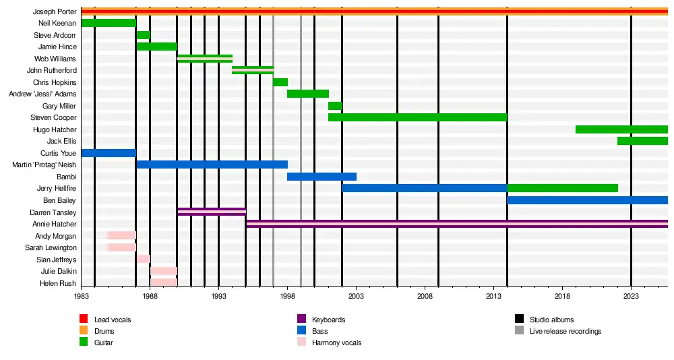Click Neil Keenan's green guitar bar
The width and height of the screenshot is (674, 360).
108,23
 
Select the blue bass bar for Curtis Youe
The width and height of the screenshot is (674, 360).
108,153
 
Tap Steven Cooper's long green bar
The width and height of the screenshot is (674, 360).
417,117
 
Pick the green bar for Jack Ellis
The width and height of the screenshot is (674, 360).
642,141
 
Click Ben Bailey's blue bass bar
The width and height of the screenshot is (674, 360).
587,200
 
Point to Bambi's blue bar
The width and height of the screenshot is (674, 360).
321,177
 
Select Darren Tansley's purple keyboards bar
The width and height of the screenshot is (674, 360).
212,212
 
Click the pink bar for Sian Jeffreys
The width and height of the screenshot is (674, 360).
143,259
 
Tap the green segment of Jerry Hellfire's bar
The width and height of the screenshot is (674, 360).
562,188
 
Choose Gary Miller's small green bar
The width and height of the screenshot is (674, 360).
335,106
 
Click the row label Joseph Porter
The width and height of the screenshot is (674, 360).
55,11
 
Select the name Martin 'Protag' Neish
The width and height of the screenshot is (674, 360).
44,165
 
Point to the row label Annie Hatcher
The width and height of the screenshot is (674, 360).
55,224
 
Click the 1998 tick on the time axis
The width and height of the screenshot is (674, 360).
287,295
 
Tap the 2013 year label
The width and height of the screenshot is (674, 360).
493,295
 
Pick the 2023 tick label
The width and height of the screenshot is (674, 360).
631,295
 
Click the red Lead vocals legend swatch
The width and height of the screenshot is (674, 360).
84,320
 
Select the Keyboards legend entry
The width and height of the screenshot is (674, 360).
329,320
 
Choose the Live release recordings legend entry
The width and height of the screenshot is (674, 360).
565,331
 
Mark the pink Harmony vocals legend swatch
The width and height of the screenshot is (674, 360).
301,342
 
